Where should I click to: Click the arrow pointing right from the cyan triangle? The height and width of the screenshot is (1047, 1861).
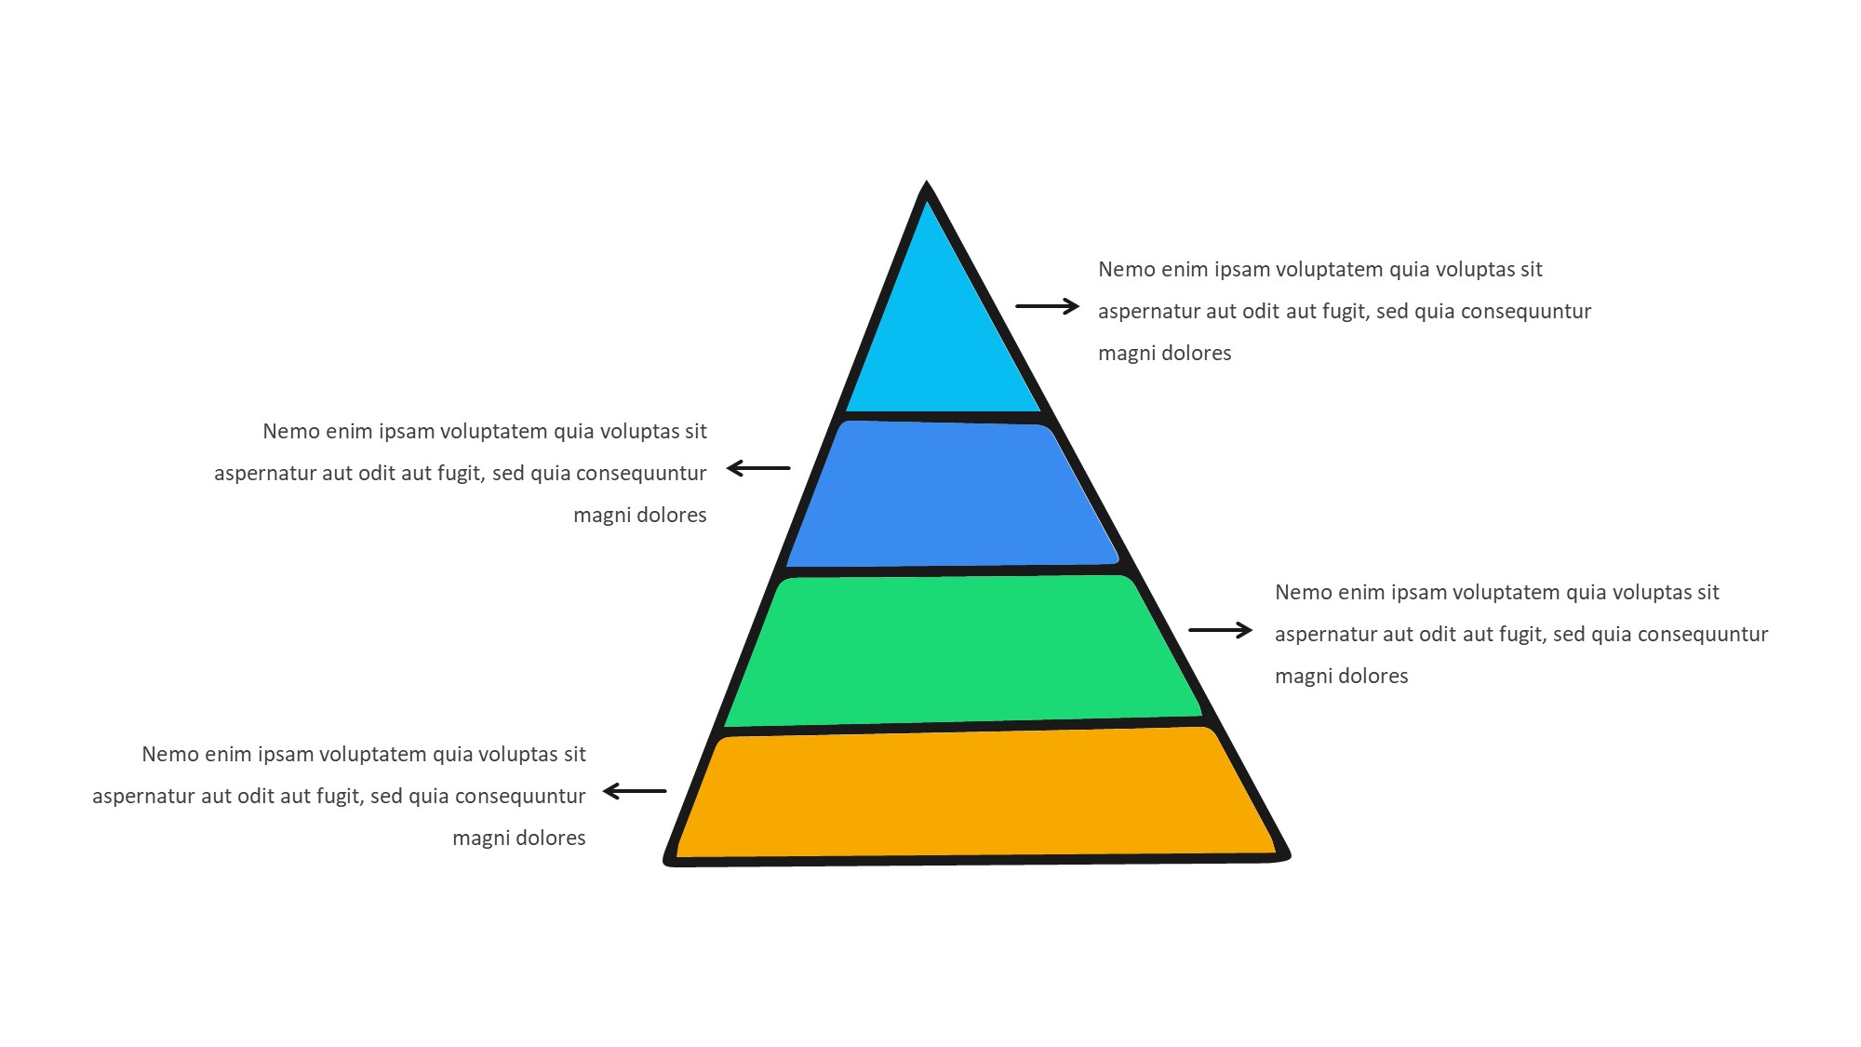coord(1047,305)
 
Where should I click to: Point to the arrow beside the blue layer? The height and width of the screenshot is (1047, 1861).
coord(758,468)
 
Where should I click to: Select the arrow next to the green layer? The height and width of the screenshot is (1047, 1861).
coord(1221,630)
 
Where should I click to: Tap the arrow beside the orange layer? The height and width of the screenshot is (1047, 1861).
coord(635,791)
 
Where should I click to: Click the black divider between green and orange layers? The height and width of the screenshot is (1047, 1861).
coord(968,725)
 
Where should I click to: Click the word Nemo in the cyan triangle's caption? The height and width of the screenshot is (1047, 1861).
coord(1126,270)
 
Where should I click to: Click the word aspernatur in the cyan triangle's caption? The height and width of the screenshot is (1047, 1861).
coord(1148,312)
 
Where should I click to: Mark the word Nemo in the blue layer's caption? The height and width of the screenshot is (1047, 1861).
coord(290,432)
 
